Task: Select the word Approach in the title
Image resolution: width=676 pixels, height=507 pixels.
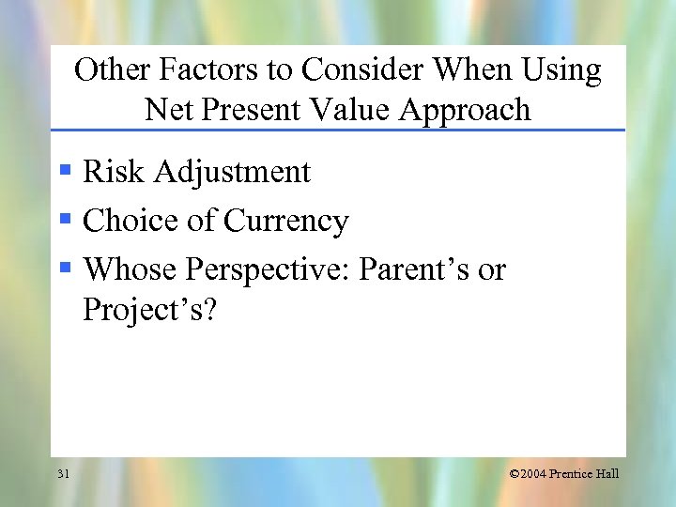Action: [x=465, y=111]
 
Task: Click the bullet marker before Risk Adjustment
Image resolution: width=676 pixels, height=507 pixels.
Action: [x=65, y=171]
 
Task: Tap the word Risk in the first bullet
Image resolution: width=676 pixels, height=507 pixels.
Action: [x=115, y=172]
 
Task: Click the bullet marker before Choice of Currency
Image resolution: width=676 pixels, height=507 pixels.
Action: [x=65, y=220]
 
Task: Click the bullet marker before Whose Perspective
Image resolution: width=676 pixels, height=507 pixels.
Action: [x=65, y=269]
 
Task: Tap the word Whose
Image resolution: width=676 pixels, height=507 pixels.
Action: [x=131, y=269]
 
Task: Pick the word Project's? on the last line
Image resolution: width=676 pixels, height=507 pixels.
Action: [x=149, y=310]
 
